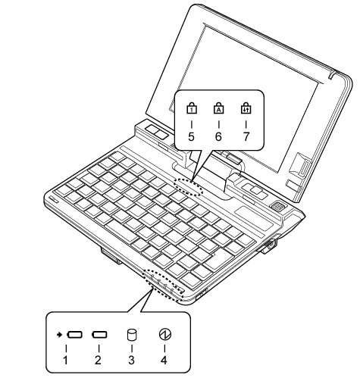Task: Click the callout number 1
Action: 65,360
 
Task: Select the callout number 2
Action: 98,360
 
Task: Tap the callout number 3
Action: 131,360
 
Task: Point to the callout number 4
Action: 164,360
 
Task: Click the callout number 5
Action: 191,136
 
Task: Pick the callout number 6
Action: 218,136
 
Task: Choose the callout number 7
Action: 246,136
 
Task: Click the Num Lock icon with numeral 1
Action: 192,108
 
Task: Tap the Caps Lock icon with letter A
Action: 219,108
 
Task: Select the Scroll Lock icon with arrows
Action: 246,108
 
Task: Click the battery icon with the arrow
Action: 74,335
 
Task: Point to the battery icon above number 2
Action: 99,335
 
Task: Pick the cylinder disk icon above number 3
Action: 132,335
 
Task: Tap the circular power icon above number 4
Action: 165,335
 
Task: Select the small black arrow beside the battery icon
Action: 59,335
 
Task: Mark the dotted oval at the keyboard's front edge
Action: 145,277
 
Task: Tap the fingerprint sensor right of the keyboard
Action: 278,206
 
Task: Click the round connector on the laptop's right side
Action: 272,244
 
